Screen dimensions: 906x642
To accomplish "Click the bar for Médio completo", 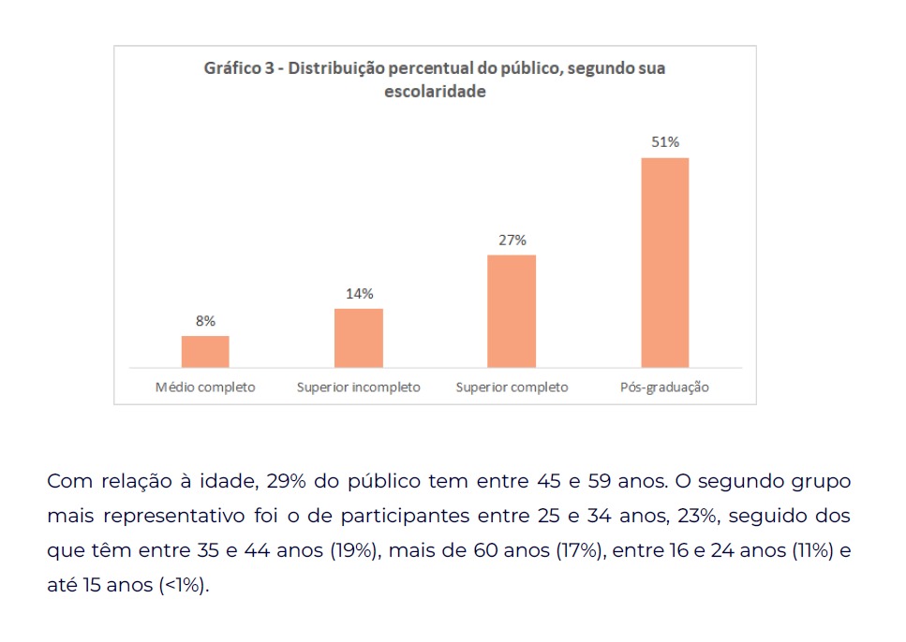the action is point(205,352).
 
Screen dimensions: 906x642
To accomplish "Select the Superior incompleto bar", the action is point(358,339).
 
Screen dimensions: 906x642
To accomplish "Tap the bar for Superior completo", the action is point(512,312).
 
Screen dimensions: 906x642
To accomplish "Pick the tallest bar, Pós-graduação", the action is point(665,263).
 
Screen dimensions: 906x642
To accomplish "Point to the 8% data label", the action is point(206,321).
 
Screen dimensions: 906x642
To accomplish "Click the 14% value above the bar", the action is point(360,294).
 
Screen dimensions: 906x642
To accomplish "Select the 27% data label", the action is point(512,241).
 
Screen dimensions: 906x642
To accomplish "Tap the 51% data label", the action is point(665,142).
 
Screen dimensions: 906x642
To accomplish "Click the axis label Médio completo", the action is point(205,387).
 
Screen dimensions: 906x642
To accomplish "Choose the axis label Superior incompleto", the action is point(358,387).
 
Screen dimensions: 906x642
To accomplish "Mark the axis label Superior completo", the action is point(512,387).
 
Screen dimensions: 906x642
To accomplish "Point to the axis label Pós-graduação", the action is point(664,387).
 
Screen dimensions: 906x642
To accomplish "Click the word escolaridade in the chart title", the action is point(435,91).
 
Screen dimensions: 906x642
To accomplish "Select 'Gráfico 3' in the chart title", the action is point(239,68).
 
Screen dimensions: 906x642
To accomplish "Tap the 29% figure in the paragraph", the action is point(286,481).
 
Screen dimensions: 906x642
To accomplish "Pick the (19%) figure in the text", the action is point(355,550).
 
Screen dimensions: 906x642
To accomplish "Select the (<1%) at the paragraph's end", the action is point(184,585).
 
